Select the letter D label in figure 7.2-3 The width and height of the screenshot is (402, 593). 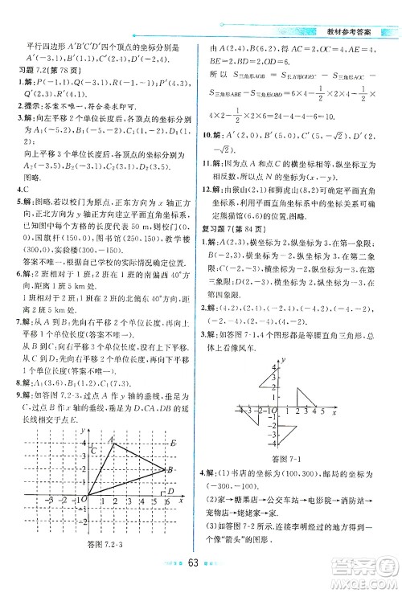(170, 492)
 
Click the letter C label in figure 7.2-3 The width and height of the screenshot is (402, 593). (95, 450)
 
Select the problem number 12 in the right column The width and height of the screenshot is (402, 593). (211, 211)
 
